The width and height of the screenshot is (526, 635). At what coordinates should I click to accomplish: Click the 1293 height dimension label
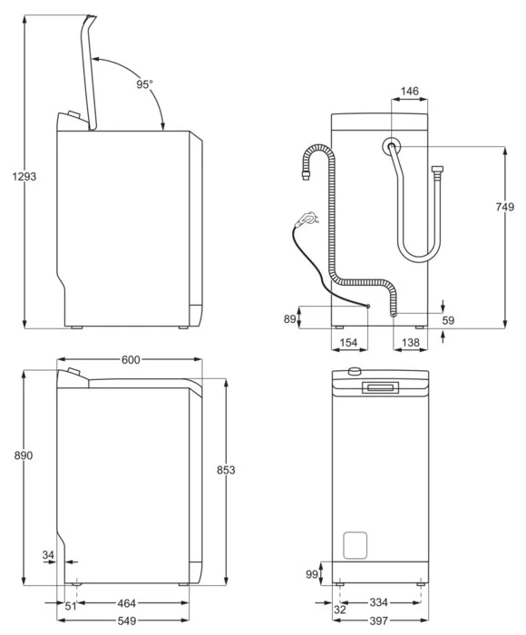tap(24, 177)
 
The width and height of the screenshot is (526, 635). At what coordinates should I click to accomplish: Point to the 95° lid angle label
tap(144, 84)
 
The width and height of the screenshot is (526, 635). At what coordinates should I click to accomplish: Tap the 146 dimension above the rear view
tap(409, 91)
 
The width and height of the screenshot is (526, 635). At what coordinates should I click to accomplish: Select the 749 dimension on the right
tap(504, 207)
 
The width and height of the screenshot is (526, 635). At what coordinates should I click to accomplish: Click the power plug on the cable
tap(307, 220)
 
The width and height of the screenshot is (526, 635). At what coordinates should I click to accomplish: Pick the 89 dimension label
tap(289, 319)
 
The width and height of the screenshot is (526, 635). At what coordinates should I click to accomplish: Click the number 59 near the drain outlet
tap(448, 320)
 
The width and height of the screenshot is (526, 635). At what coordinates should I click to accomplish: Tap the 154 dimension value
tap(348, 343)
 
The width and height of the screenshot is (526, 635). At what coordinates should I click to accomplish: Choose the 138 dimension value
tap(410, 343)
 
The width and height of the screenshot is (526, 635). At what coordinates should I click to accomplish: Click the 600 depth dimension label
tap(131, 359)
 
